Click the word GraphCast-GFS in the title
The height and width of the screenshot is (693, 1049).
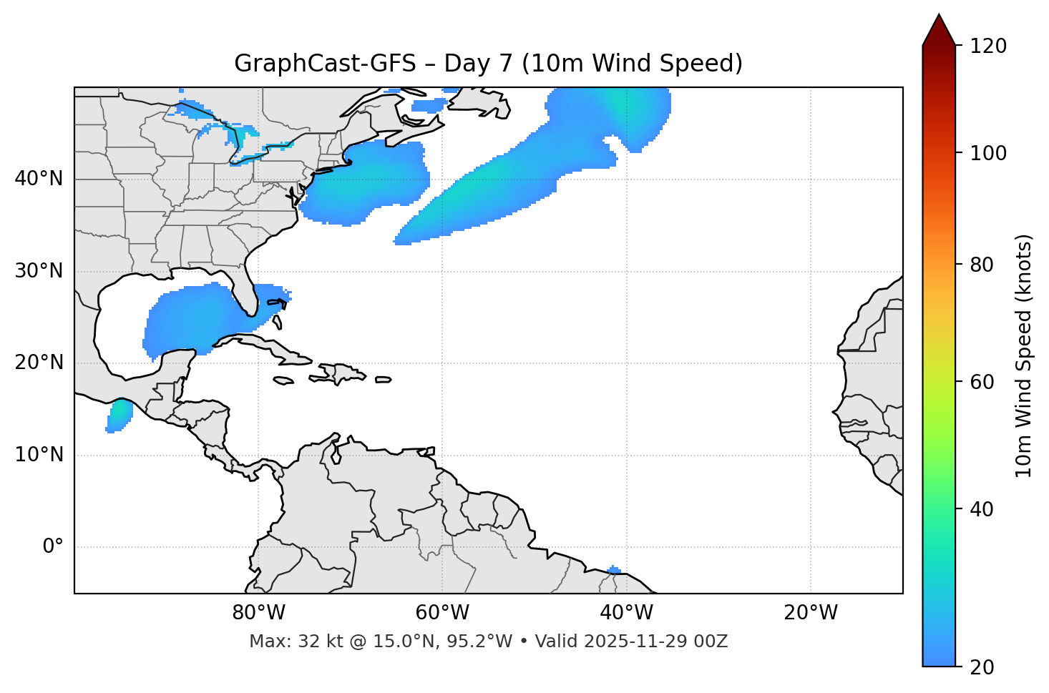[325, 64]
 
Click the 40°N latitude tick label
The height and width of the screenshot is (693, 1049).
[39, 179]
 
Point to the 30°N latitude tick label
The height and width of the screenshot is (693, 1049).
[39, 271]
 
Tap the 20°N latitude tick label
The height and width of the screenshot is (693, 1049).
[39, 363]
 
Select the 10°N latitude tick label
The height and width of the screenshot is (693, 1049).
[39, 455]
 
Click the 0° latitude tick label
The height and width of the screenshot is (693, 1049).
[53, 547]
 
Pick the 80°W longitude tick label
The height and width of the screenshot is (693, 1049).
[258, 613]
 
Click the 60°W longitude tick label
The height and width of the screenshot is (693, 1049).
[442, 613]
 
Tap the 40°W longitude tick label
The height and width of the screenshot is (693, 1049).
[626, 613]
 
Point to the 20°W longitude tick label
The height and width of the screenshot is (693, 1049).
[810, 613]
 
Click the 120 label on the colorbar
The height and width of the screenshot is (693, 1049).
[989, 46]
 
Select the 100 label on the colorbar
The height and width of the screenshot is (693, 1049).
[989, 153]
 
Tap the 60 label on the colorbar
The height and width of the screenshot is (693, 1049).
[983, 382]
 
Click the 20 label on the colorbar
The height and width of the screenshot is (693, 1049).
[983, 667]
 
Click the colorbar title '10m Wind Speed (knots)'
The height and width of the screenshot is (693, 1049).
[1024, 355]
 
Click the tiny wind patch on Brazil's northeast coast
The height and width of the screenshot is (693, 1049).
[614, 570]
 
